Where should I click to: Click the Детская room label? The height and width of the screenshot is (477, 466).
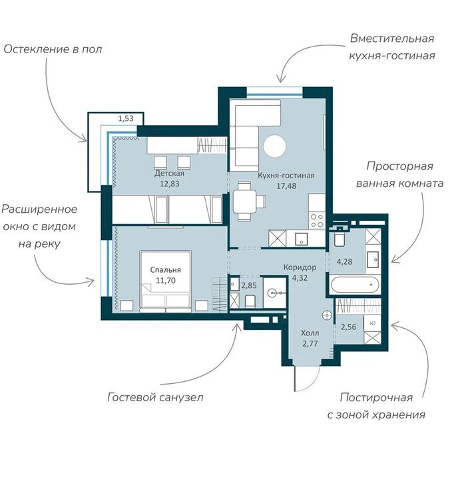click(169, 174)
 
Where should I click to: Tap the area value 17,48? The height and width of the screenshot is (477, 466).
click(286, 186)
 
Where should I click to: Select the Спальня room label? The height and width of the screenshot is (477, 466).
click(166, 270)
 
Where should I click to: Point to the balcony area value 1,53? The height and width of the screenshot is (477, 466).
click(126, 118)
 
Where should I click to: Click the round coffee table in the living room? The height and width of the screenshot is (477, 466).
click(275, 146)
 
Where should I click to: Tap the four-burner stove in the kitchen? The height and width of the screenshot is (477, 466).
click(317, 221)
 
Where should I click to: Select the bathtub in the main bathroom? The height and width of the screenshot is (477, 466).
click(355, 285)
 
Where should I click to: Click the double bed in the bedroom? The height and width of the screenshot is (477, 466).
click(166, 281)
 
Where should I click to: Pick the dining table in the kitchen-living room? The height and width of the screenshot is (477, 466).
click(245, 201)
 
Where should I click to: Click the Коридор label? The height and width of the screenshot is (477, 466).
click(300, 267)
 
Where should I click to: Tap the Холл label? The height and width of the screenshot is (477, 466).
click(310, 333)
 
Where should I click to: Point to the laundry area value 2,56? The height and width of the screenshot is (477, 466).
click(349, 327)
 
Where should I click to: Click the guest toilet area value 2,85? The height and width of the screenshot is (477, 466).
click(249, 285)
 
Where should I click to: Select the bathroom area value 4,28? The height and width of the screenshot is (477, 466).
click(344, 261)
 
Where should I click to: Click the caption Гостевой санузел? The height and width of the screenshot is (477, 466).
click(155, 397)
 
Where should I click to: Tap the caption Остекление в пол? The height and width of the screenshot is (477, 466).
click(53, 49)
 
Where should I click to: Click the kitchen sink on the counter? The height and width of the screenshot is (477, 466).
click(302, 239)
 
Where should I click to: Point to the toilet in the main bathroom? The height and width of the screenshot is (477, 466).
click(339, 239)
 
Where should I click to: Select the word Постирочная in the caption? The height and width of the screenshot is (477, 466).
click(376, 397)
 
